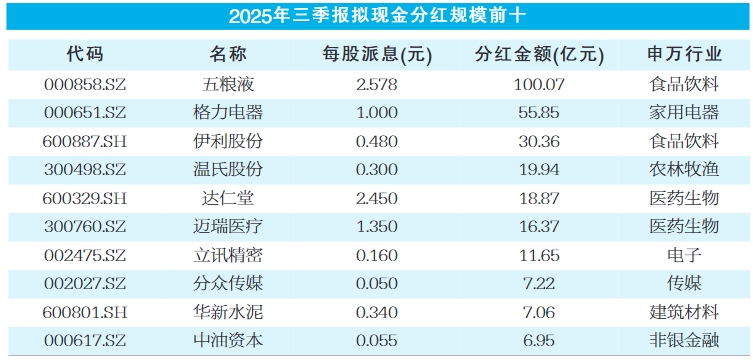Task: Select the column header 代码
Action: (85, 54)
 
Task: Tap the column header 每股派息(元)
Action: (377, 54)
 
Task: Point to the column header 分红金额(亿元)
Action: (539, 54)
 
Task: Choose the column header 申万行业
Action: (684, 54)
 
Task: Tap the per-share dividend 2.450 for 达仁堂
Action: (377, 198)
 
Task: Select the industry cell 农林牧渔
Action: (684, 169)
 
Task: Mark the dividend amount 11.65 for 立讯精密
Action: (539, 255)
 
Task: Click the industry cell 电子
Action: (684, 255)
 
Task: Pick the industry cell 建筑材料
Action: (684, 311)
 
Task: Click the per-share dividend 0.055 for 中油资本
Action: (377, 340)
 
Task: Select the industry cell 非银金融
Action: (684, 340)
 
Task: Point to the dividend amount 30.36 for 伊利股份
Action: (539, 141)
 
